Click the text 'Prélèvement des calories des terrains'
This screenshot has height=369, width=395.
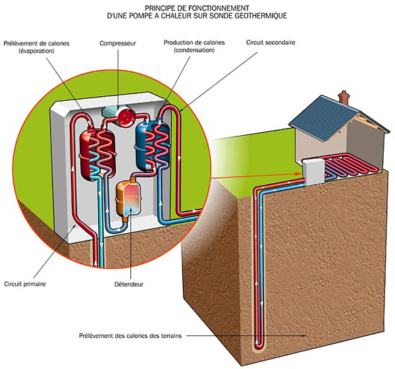click(131, 334)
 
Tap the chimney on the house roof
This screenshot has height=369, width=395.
click(342, 96)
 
